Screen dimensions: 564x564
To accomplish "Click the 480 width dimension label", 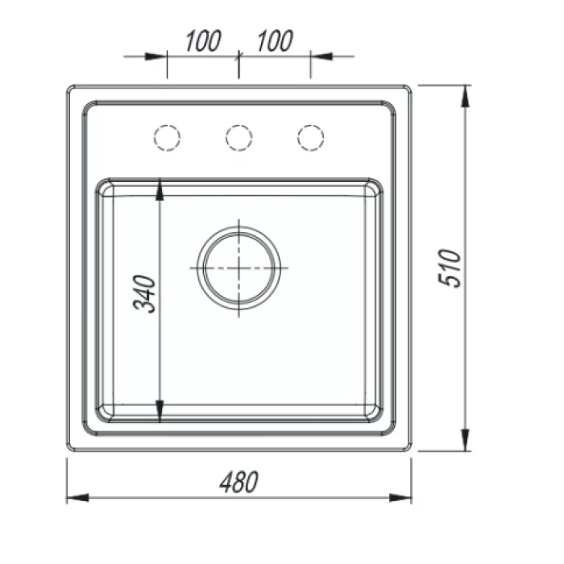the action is tap(238, 482).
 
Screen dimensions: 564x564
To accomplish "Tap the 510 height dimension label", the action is tap(450, 268).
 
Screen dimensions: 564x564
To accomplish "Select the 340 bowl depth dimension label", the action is tap(144, 294).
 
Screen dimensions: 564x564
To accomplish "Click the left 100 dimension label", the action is tap(203, 41).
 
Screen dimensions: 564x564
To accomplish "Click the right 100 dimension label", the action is tap(275, 41).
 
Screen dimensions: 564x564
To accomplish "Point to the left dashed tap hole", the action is tap(167, 138).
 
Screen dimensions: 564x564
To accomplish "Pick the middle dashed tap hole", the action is tap(238, 138).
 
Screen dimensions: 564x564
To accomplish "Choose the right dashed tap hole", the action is tap(311, 138).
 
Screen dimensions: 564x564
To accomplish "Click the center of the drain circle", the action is tap(238, 268).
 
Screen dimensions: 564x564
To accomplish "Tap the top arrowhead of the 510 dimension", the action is tap(465, 97).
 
